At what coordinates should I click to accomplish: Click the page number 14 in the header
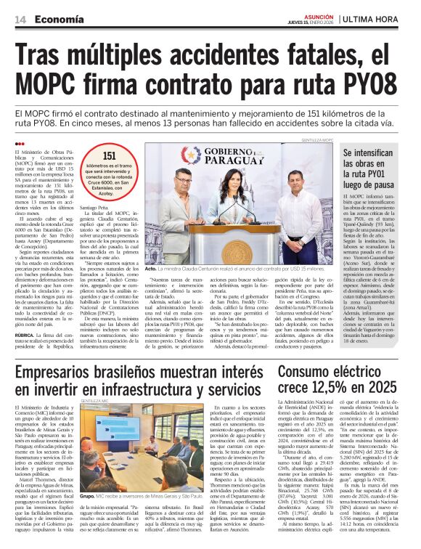(20, 20)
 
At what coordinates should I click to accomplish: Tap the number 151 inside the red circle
(110, 155)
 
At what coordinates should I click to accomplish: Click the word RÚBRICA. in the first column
(28, 334)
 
